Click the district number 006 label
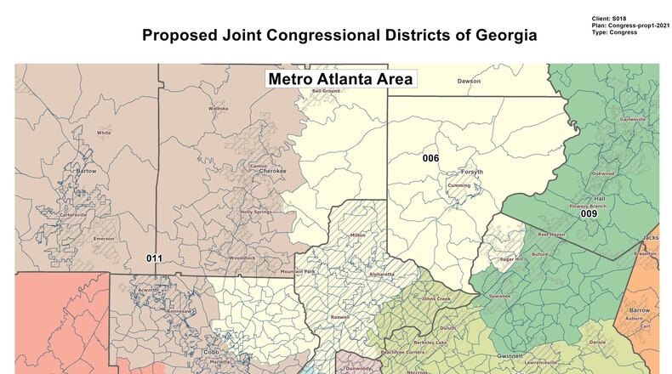(x=430, y=158)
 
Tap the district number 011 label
(x=154, y=258)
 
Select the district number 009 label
(x=589, y=214)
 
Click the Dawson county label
(x=469, y=82)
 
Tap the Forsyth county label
(x=471, y=172)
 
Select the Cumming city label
(x=459, y=185)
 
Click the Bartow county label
(x=87, y=171)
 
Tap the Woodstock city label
(x=242, y=258)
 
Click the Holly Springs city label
(x=256, y=211)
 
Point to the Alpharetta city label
(x=380, y=274)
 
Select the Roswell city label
(x=340, y=317)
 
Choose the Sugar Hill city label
(x=512, y=258)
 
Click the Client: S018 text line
(x=611, y=19)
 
